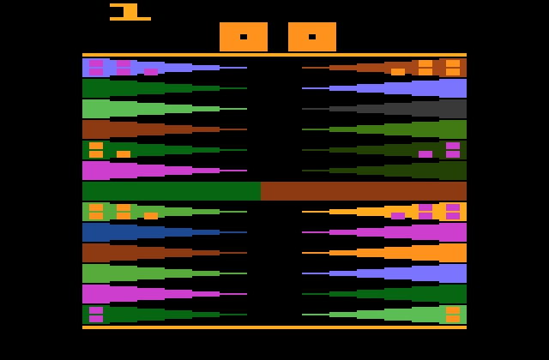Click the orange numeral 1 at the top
(x=130, y=12)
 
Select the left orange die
(x=244, y=37)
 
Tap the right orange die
(x=312, y=37)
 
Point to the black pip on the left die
(x=244, y=37)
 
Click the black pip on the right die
(x=312, y=37)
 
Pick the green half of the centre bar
(x=172, y=191)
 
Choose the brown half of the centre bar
(x=364, y=191)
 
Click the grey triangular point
(x=384, y=109)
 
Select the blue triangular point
(x=165, y=232)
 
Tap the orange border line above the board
(x=274, y=55)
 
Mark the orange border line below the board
(x=274, y=327)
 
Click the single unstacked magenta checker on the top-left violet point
(x=151, y=72)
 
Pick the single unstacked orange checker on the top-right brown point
(x=398, y=72)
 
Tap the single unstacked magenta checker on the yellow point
(x=398, y=216)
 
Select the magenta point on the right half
(x=384, y=232)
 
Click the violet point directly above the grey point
(x=384, y=88)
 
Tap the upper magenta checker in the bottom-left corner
(x=96, y=310)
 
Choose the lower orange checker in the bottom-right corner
(x=453, y=319)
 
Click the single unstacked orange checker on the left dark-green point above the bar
(x=124, y=154)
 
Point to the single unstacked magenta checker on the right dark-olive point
(x=425, y=154)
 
